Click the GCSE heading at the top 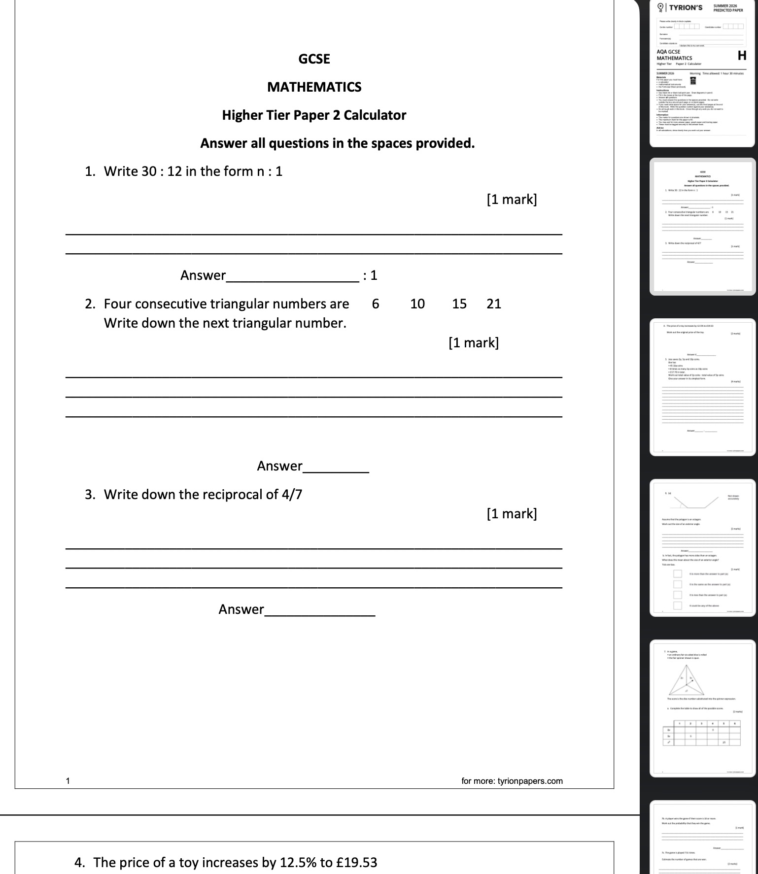tap(314, 59)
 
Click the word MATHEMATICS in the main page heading tap(314, 87)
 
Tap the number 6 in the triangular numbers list tap(376, 304)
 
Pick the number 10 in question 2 tap(417, 304)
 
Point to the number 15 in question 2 tap(459, 304)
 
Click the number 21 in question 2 tap(493, 304)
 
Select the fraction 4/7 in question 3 tap(292, 495)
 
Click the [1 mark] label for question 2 tap(473, 343)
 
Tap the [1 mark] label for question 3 tap(512, 514)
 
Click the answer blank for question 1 tap(293, 276)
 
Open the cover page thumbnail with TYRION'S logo tap(702, 74)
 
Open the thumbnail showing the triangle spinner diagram tap(702, 708)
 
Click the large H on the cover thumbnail tap(742, 56)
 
